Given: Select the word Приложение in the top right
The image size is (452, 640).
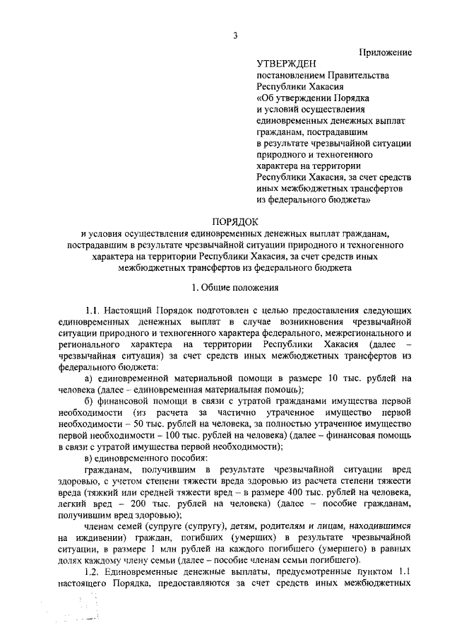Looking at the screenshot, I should point(386,53).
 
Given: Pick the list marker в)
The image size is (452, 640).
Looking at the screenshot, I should point(90,457).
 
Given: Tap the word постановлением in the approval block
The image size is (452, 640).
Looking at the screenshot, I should point(290,75).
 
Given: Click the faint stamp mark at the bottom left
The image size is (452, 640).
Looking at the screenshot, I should point(81,612).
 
